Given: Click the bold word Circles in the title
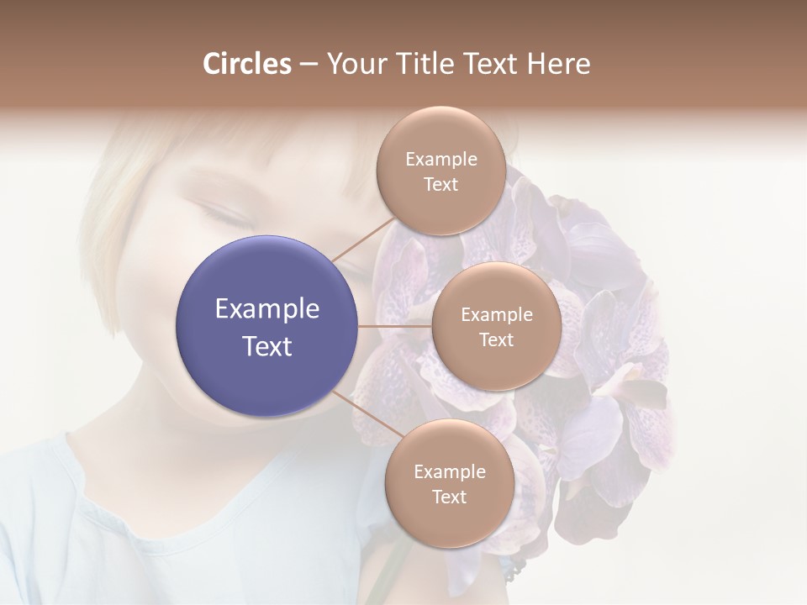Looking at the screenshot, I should (246, 64).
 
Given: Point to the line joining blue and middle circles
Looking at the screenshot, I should (395, 326).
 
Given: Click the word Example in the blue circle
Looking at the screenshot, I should (267, 309).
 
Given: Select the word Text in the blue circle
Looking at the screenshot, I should (267, 346).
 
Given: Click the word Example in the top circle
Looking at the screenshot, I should (441, 160).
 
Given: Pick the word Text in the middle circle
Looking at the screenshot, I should (496, 339).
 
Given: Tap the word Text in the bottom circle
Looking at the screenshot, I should (449, 497).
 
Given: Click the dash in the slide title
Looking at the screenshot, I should (309, 64).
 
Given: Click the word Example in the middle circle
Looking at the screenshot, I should (497, 315).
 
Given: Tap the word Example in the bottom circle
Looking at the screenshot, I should (450, 471).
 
